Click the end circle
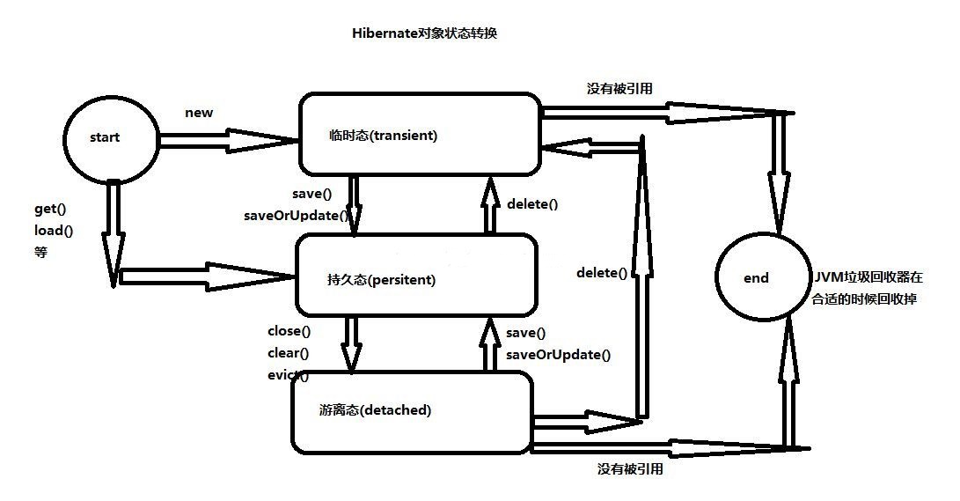(758, 278)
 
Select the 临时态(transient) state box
(420, 135)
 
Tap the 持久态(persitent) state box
(415, 275)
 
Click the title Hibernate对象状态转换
(425, 33)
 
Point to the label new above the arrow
(199, 113)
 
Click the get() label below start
(49, 211)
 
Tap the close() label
(289, 332)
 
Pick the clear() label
(289, 353)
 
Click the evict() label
(289, 375)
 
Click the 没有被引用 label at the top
(619, 88)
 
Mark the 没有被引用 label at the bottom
(630, 469)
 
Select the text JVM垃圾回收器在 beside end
(868, 277)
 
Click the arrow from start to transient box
(227, 138)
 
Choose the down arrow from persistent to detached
(351, 343)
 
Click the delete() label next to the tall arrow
(602, 273)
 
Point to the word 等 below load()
(40, 252)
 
